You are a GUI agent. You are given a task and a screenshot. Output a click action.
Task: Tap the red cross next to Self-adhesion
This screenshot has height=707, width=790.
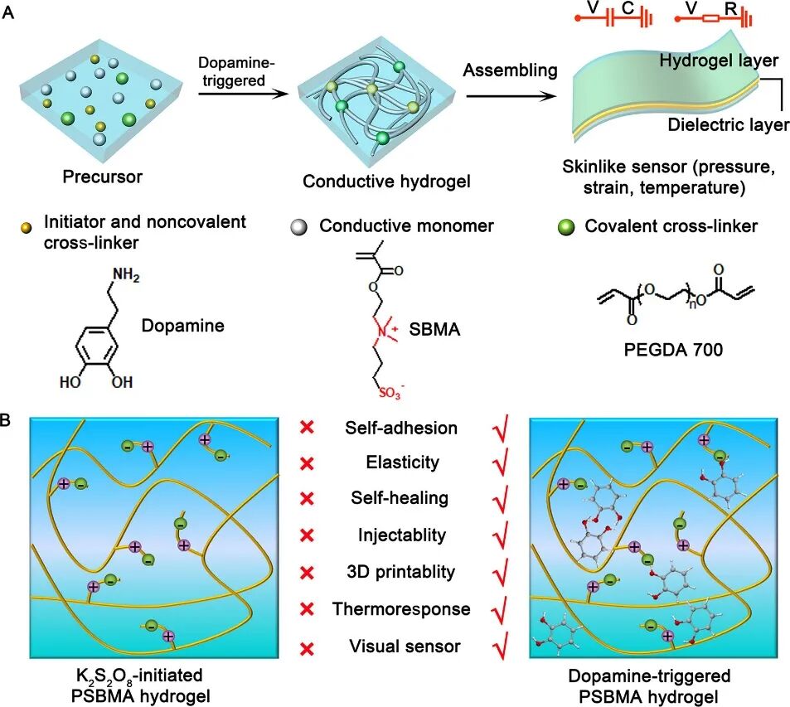pyautogui.click(x=307, y=428)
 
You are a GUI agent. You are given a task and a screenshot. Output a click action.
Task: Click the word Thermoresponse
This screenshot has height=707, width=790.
pyautogui.click(x=401, y=609)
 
